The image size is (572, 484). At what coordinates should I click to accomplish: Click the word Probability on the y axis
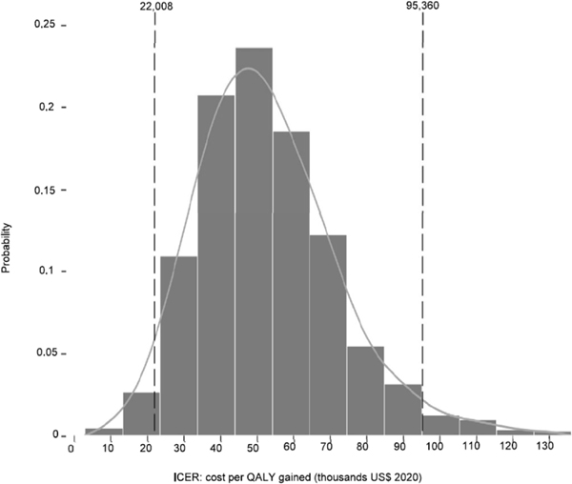pyautogui.click(x=8, y=247)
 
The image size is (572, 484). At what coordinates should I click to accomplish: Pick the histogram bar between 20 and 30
pyautogui.click(x=141, y=413)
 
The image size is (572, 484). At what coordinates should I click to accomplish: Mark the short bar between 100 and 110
pyautogui.click(x=439, y=426)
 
